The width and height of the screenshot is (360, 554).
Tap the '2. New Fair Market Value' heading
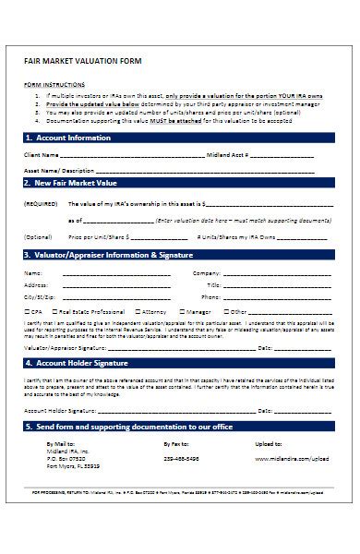73,184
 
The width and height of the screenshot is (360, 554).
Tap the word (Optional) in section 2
39,236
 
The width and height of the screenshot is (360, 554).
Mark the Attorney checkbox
138,313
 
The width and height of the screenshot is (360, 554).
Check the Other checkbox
227,313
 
